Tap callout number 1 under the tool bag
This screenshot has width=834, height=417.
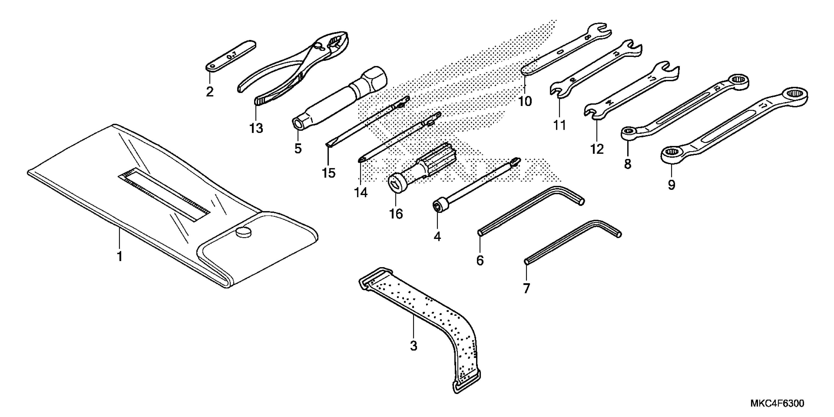[120, 256]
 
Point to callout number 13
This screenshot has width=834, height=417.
[256, 129]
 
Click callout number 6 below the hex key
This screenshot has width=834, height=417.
[480, 260]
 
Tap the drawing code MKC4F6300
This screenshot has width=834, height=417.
[777, 404]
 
